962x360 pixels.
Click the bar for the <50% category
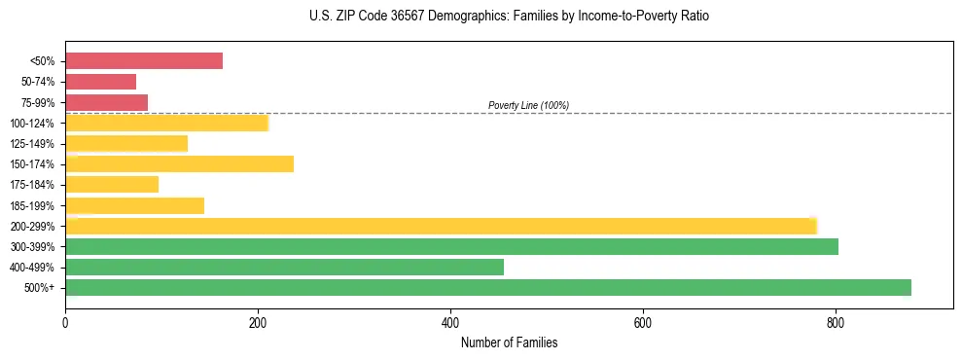144,61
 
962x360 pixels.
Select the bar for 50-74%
101,82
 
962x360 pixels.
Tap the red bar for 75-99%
107,102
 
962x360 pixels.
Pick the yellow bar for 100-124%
166,123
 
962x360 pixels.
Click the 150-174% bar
180,164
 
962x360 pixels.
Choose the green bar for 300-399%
452,246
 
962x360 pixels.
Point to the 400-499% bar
285,267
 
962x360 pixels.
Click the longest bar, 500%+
488,287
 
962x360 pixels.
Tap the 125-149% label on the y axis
32,144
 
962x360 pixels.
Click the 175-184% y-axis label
32,185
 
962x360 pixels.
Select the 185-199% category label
32,205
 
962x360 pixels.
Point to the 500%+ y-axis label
40,288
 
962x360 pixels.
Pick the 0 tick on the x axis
65,321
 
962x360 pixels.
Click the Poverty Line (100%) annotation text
528,105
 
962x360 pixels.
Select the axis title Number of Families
509,342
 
